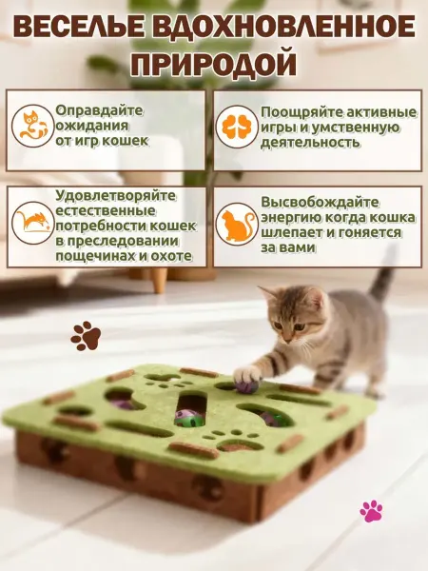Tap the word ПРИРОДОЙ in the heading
(x=213, y=64)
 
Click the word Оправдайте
(x=99, y=110)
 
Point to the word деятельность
(x=310, y=143)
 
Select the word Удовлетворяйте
(x=116, y=196)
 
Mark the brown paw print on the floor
(x=86, y=335)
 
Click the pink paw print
(x=371, y=510)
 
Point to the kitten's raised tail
(x=382, y=277)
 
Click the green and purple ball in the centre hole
(x=187, y=418)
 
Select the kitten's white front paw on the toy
(x=246, y=374)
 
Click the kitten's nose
(x=286, y=340)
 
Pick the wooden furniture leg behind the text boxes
(x=159, y=280)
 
